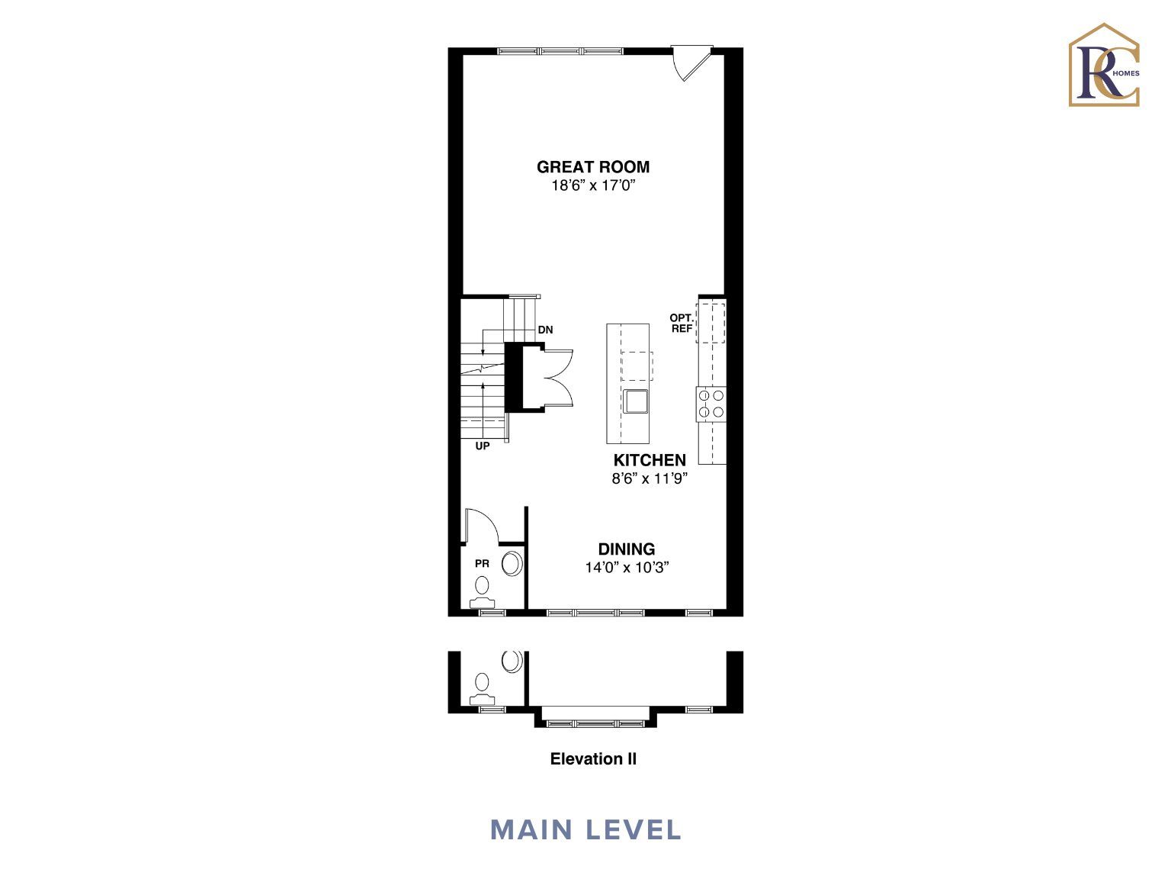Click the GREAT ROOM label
click(x=592, y=167)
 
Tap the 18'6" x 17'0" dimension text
click(x=594, y=185)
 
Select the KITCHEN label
click(x=650, y=460)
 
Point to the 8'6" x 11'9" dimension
click(x=650, y=478)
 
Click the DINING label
click(x=627, y=549)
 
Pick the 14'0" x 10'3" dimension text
click(x=627, y=567)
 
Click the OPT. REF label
click(x=682, y=324)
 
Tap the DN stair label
click(x=545, y=330)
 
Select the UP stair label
click(x=483, y=446)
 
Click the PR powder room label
click(x=483, y=564)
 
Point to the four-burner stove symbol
click(x=711, y=404)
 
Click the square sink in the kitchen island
click(x=636, y=401)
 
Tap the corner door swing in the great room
click(x=691, y=63)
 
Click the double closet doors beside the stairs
click(x=558, y=378)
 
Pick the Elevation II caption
click(x=593, y=759)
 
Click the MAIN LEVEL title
click(x=585, y=830)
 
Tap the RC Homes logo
click(x=1105, y=65)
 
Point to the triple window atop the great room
click(x=560, y=51)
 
